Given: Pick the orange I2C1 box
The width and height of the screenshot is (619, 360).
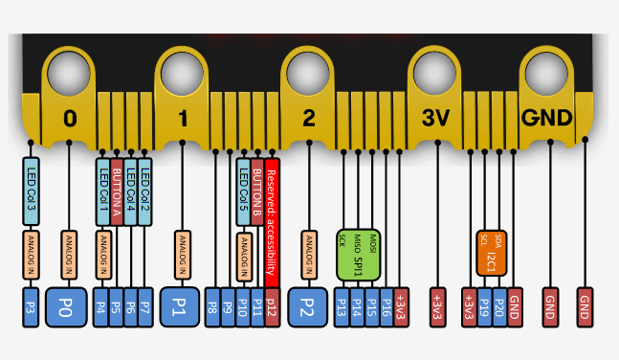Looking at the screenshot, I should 491,249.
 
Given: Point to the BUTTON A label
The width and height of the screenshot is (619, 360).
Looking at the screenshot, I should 116,191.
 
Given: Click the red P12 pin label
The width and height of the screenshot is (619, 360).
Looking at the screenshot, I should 272,306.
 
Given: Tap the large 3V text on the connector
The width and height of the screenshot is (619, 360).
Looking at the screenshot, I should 436,118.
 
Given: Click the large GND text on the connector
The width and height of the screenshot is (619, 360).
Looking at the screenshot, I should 546,118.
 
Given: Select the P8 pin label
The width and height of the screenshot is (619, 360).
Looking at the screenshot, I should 213,306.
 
